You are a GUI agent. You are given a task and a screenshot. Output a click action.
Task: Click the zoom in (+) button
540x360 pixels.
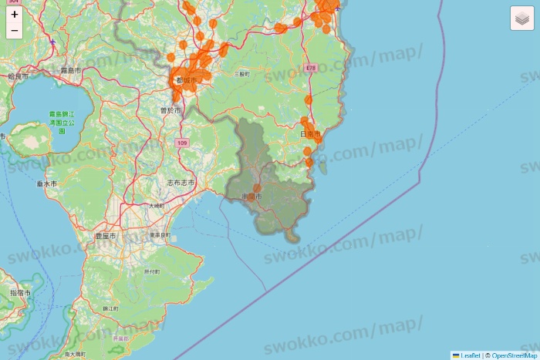tap(15, 14)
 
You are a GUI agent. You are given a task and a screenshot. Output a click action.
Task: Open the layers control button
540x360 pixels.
tap(522, 18)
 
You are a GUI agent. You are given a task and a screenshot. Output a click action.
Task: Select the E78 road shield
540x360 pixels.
tap(311, 68)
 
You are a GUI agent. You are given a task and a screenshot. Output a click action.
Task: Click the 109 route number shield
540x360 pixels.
tap(181, 143)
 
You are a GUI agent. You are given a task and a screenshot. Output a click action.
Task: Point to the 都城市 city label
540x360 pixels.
tap(187, 79)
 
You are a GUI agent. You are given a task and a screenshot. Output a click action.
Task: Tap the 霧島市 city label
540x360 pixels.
tap(71, 70)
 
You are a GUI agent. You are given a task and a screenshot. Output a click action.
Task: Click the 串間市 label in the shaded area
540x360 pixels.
tap(252, 197)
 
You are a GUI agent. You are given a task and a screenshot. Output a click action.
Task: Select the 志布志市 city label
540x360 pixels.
tap(181, 183)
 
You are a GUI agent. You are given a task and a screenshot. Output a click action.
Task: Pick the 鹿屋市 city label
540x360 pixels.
tap(104, 235)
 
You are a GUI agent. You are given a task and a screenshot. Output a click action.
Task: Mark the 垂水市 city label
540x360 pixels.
tap(46, 184)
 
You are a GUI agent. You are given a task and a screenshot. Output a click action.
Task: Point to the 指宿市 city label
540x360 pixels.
tap(20, 294)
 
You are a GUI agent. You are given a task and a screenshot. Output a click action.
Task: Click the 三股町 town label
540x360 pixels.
tap(241, 75)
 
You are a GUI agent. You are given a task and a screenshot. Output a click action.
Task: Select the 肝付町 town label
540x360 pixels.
tap(151, 272)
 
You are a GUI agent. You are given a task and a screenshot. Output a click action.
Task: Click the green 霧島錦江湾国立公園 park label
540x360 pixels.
tap(61, 122)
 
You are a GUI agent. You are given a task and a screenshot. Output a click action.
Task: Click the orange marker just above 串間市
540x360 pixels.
tap(257, 187)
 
